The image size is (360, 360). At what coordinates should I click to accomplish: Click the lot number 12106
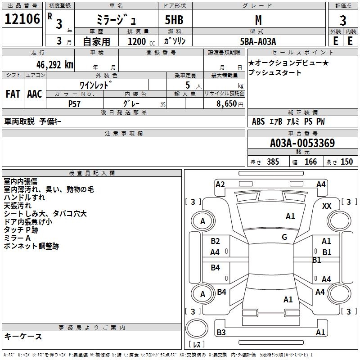22,19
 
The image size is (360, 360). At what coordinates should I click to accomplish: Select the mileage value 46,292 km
54,65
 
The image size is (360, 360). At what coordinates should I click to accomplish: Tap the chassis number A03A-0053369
302,143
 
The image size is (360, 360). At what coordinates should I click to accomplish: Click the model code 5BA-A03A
258,41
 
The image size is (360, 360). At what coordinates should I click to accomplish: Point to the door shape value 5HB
174,20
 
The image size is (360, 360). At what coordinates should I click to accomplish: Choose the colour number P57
74,104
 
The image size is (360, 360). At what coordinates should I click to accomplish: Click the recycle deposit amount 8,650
226,104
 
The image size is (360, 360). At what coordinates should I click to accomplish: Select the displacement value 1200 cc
141,41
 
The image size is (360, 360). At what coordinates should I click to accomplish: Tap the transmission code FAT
13,94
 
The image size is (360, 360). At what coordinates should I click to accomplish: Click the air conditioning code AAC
35,94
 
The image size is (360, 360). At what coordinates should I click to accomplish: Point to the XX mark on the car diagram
327,206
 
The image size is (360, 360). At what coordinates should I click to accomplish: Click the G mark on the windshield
284,237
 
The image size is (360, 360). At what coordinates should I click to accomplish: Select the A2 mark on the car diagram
220,184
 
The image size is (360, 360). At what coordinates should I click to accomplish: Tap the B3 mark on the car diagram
221,332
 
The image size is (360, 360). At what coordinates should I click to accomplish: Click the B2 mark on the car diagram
215,241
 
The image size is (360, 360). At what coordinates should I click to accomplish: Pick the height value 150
346,162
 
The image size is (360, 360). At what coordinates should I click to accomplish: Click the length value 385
273,162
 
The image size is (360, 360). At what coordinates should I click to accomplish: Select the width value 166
310,162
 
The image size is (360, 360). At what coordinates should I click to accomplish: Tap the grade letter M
258,20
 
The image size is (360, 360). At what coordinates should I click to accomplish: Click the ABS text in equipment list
258,121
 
